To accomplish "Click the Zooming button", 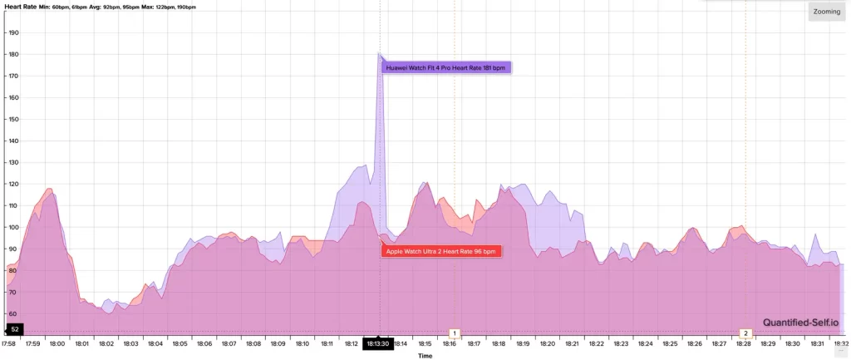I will [826, 12].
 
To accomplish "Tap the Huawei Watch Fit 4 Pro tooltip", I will [446, 67].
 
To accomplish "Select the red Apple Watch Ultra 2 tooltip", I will [443, 250].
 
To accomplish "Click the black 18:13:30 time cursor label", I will [377, 343].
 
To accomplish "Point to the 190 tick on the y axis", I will [13, 33].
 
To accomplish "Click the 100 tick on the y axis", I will [13, 227].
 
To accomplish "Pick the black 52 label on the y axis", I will [14, 330].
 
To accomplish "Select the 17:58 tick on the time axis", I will [8, 343].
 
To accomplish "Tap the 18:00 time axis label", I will [57, 343].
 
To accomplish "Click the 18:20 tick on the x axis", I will [548, 343].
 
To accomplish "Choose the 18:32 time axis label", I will [841, 343].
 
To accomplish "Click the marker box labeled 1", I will [455, 333].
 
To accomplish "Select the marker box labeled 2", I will [745, 333].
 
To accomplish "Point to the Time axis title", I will [425, 356].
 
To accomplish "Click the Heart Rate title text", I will [18, 6].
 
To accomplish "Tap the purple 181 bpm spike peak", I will [379, 54].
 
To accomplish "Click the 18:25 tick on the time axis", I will [670, 343].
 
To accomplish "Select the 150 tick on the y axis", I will [13, 119].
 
